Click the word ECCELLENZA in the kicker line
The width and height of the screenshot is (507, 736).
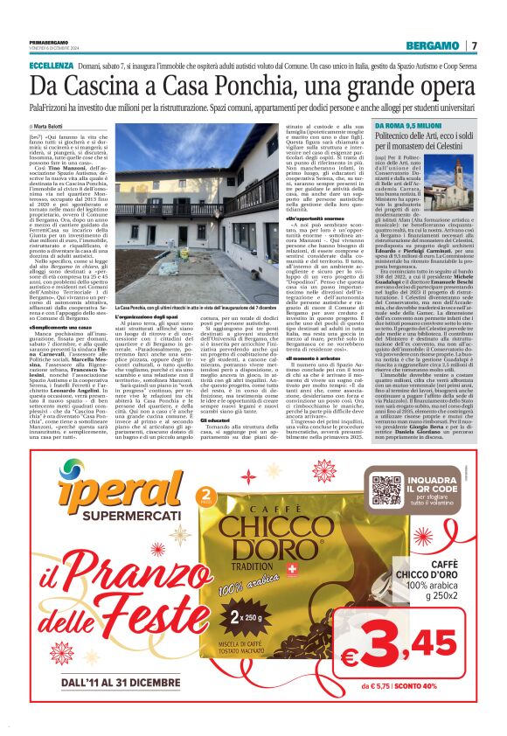pyautogui.click(x=51, y=66)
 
